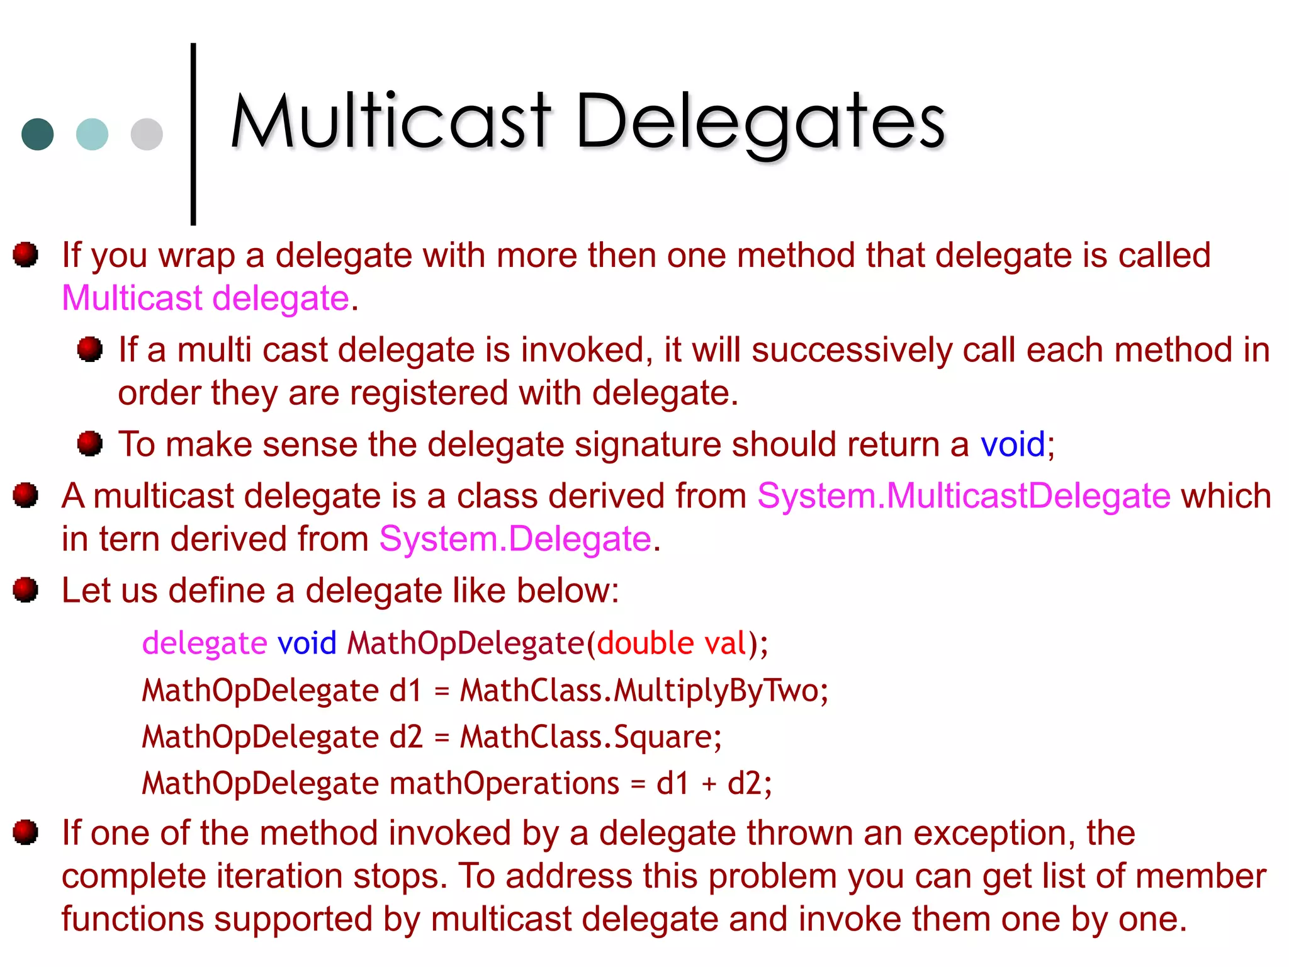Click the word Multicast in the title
(x=390, y=121)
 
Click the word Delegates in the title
(x=760, y=123)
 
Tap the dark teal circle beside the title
(x=38, y=134)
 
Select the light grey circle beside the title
(x=147, y=134)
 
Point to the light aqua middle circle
(x=92, y=134)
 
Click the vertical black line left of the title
(x=193, y=133)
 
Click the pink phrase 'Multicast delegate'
(x=205, y=298)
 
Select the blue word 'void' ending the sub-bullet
(x=1012, y=444)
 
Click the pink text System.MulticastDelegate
(x=963, y=496)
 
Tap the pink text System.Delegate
(x=515, y=540)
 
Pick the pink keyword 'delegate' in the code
(x=205, y=643)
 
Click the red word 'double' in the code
(x=645, y=643)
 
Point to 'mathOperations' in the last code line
(x=504, y=784)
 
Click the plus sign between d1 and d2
(x=709, y=784)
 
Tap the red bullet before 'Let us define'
(x=26, y=590)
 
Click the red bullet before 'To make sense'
(x=90, y=443)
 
